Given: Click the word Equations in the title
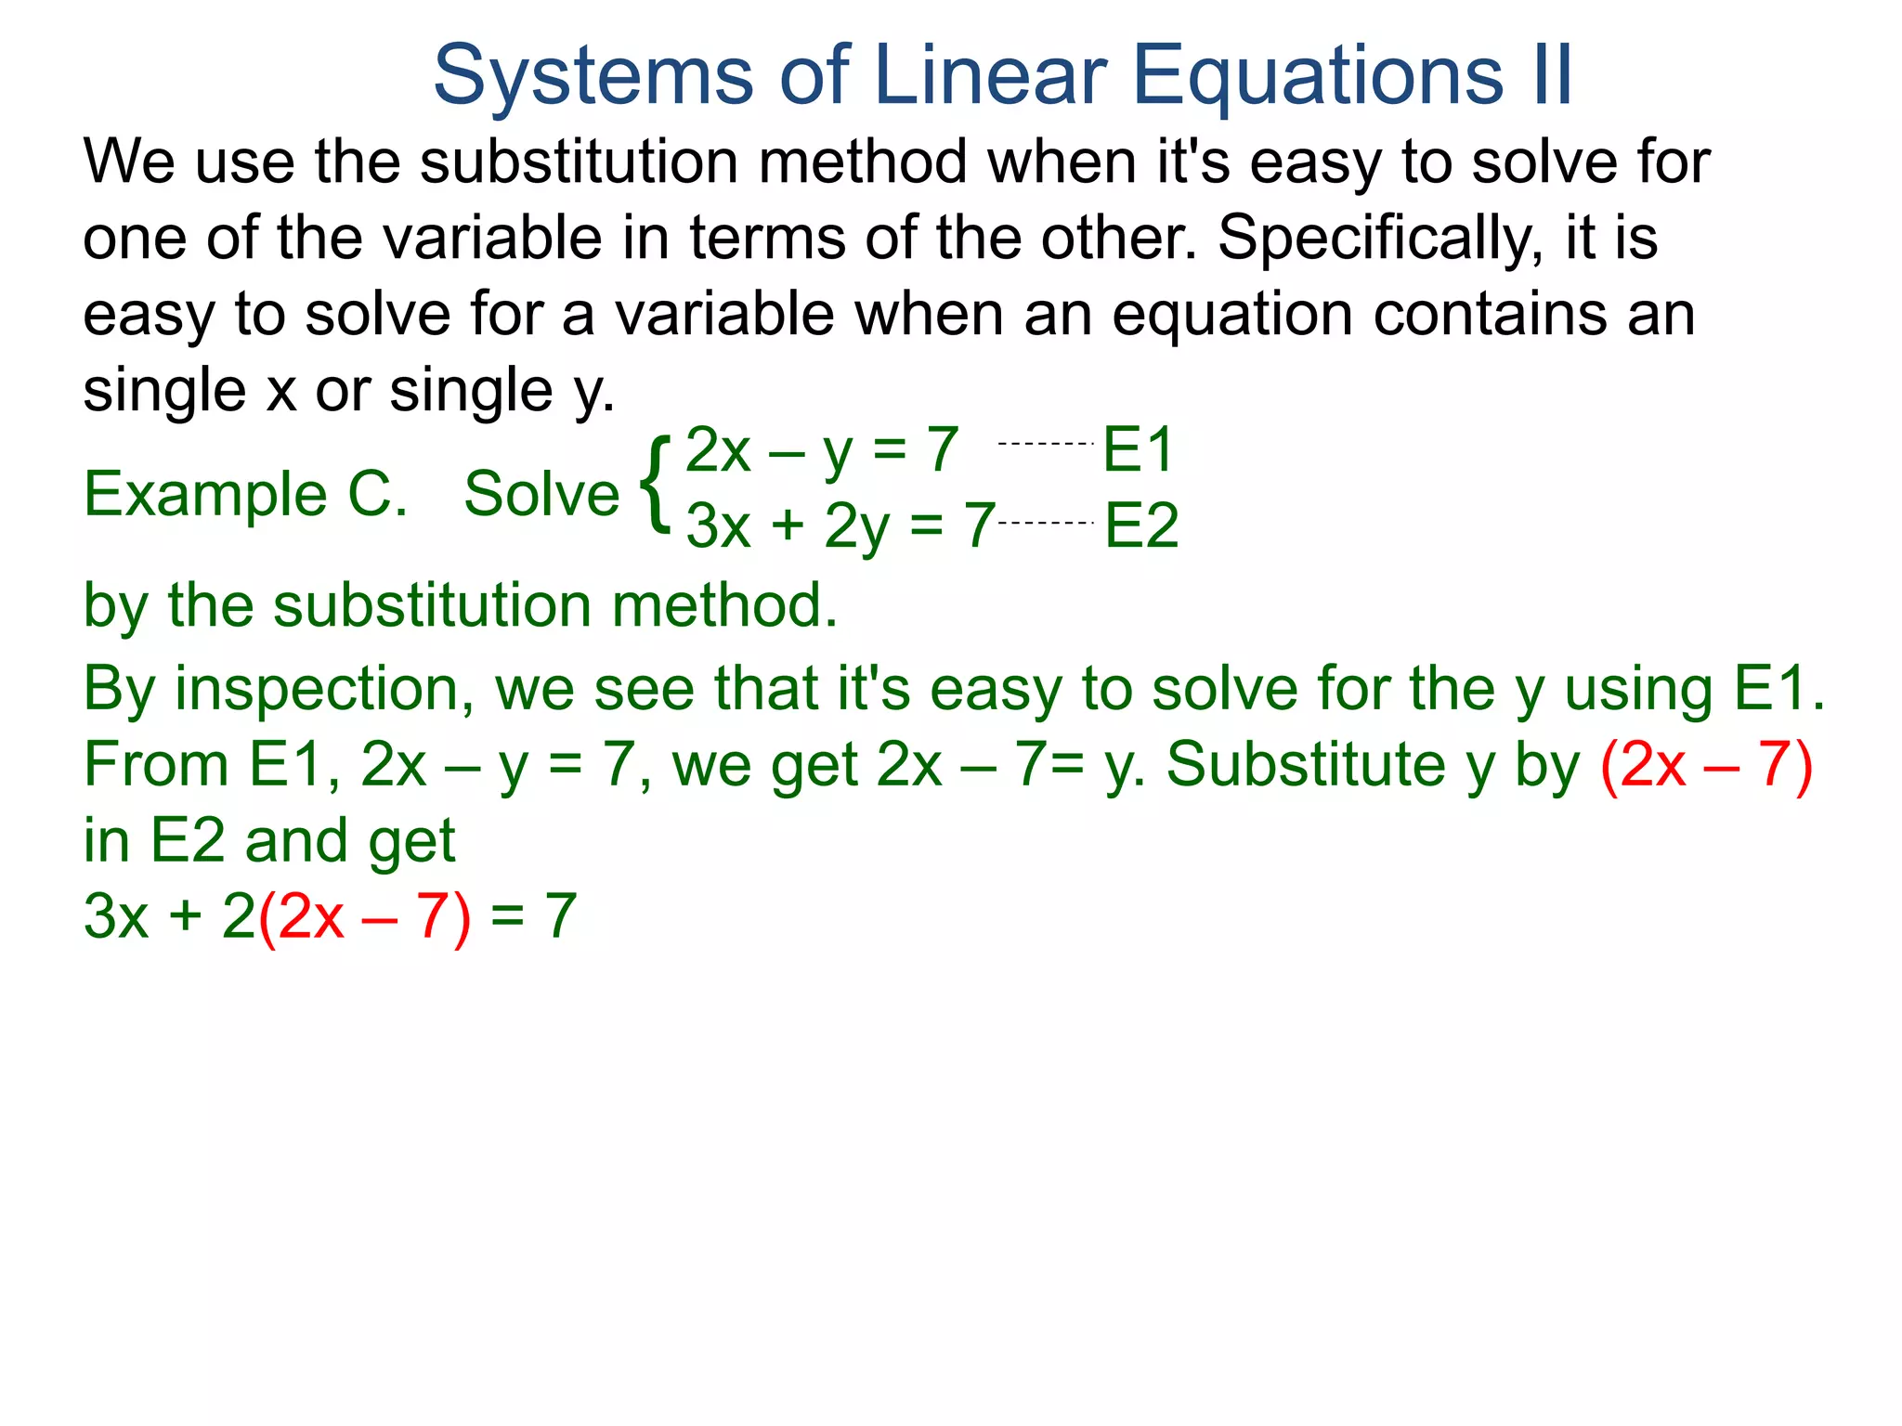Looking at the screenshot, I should (1318, 76).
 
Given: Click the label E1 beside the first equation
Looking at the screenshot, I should (1139, 449).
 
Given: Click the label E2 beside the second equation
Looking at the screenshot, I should (1141, 525).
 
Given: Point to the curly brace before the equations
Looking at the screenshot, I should (656, 486).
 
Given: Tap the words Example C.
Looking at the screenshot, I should (245, 494).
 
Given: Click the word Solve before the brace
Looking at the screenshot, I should (541, 494).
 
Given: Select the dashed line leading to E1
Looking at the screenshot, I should (1046, 444).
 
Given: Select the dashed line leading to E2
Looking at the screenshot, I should (1047, 523).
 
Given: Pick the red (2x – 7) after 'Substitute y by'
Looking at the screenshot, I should (1707, 765).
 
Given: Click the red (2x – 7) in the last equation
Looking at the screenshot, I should (364, 917).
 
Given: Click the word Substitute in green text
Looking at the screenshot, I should (1306, 765).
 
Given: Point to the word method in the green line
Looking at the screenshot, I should (724, 605).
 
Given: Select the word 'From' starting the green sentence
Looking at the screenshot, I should (156, 765).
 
